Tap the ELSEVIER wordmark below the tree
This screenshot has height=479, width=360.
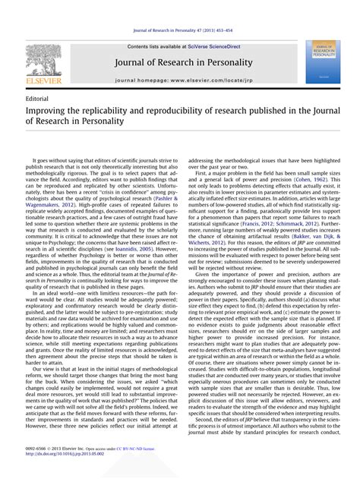[x=43, y=79]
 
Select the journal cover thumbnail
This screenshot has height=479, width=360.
[x=323, y=62]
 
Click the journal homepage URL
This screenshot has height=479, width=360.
[x=201, y=79]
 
